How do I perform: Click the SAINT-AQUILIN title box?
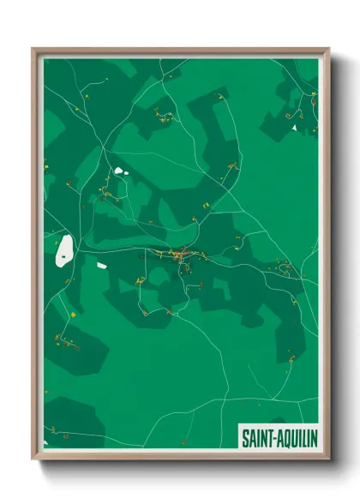[x=278, y=437]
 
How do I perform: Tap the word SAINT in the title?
[x=256, y=437]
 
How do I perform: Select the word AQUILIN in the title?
[x=295, y=437]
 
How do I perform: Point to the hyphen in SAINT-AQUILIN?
[x=273, y=438]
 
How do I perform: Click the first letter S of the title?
[x=244, y=437]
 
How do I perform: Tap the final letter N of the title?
[x=313, y=437]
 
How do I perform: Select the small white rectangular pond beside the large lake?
[x=101, y=265]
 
